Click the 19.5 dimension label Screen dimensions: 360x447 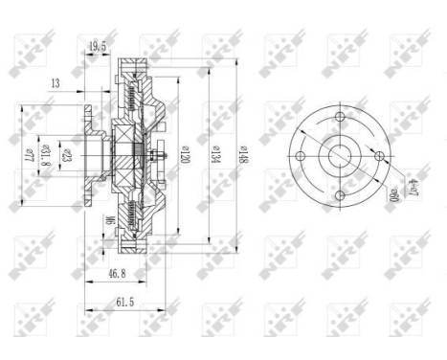(x=98, y=44)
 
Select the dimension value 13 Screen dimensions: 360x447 (x=56, y=84)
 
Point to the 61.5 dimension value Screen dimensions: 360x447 (x=113, y=302)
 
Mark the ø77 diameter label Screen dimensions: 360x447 (x=29, y=153)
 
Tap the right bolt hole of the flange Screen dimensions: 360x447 (x=379, y=156)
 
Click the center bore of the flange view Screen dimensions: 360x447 (x=341, y=156)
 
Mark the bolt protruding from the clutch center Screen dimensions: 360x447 (x=165, y=156)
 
